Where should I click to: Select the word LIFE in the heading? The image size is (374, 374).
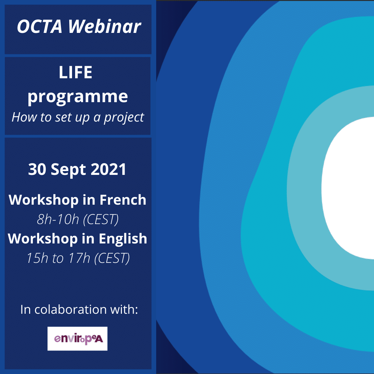[x=75, y=73]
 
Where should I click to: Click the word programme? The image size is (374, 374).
[x=78, y=96]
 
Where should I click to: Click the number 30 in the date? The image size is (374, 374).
[x=37, y=170]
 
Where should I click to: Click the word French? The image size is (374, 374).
[x=123, y=200]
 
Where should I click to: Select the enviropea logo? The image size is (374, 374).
[x=78, y=339]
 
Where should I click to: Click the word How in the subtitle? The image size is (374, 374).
[x=23, y=117]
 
